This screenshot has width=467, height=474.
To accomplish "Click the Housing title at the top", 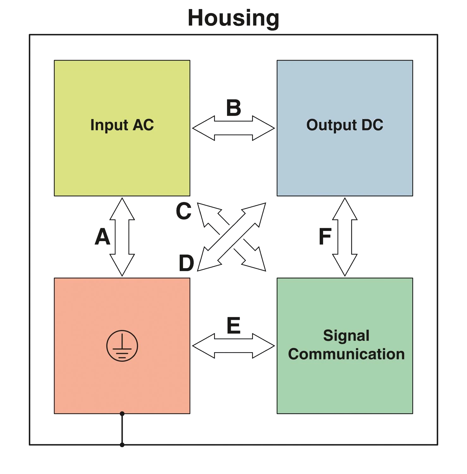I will click(x=233, y=18).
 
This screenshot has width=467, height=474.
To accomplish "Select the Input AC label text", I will click(x=122, y=125).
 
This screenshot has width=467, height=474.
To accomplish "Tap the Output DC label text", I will click(x=345, y=125).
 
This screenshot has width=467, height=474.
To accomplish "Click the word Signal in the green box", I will click(x=346, y=336).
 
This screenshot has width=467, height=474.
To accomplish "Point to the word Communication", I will click(x=346, y=354).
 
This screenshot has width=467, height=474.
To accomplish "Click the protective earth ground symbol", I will click(x=122, y=346).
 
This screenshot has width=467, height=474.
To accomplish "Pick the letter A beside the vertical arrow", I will click(x=102, y=237).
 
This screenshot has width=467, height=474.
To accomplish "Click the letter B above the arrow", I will click(x=233, y=107).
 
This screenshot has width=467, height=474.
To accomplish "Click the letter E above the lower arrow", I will click(x=234, y=325).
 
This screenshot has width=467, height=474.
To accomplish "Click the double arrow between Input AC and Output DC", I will click(x=234, y=128).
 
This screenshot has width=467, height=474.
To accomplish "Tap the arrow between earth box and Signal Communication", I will click(x=234, y=345).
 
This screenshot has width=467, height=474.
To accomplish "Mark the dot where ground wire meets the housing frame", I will click(x=122, y=445).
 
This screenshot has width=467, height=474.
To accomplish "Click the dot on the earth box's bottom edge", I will click(x=122, y=414).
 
